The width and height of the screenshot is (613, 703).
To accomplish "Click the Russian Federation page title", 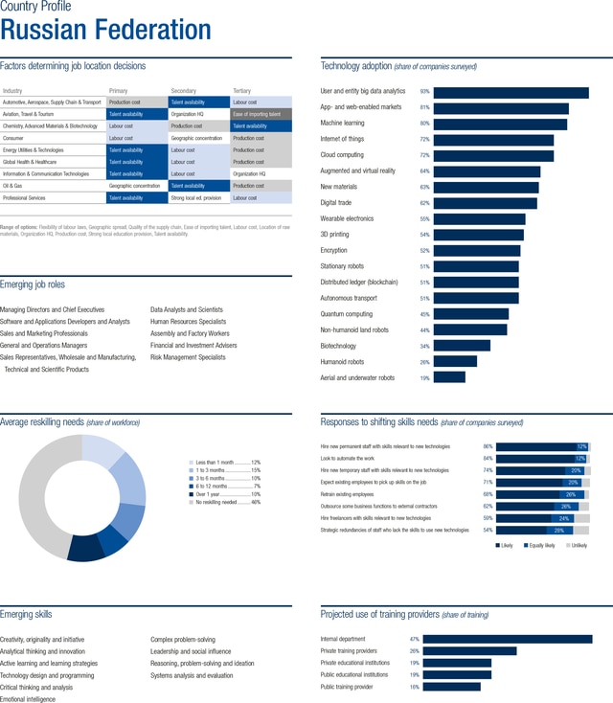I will [105, 30].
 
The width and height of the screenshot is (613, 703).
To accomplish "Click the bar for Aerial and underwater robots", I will [449, 377].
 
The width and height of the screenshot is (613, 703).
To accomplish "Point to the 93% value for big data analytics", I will [424, 92].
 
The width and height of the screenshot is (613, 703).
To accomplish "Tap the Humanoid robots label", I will [342, 362].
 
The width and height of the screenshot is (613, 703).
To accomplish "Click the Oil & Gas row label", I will [20, 186].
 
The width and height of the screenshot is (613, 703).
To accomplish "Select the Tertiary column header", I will [242, 90].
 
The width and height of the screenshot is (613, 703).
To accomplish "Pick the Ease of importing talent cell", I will [261, 114].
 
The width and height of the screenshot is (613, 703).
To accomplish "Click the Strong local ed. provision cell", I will [195, 198].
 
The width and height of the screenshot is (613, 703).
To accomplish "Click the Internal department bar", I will [507, 639].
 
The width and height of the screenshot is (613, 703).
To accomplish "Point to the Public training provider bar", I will [451, 686].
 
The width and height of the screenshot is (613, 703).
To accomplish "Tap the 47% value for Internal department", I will [414, 639].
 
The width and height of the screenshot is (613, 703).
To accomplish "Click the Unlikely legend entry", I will [577, 545].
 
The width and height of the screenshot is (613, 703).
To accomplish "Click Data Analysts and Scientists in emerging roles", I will [187, 309].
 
